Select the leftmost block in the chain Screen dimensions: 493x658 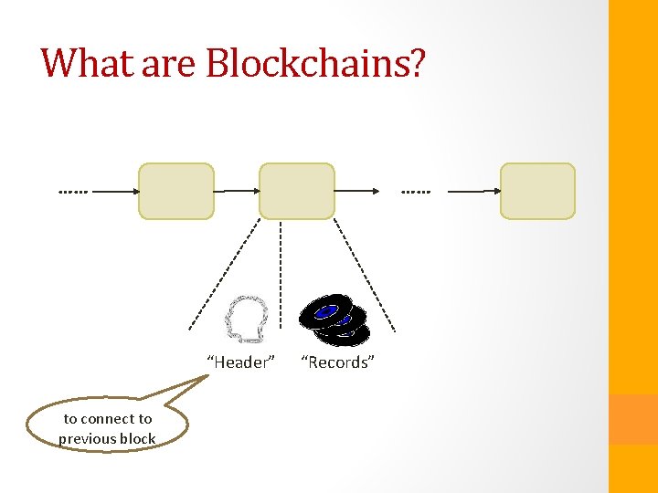(175, 191)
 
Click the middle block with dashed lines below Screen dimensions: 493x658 (297, 191)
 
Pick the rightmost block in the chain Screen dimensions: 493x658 (537, 191)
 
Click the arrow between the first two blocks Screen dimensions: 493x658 (237, 191)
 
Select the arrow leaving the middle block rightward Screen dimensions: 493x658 (357, 191)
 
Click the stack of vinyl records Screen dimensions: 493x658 (334, 320)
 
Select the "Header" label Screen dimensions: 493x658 (241, 362)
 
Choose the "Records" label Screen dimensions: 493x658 (338, 362)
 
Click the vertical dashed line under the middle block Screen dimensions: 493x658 (281, 274)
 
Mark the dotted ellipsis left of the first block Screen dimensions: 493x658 (73, 193)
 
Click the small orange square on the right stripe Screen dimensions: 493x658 (632, 419)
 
